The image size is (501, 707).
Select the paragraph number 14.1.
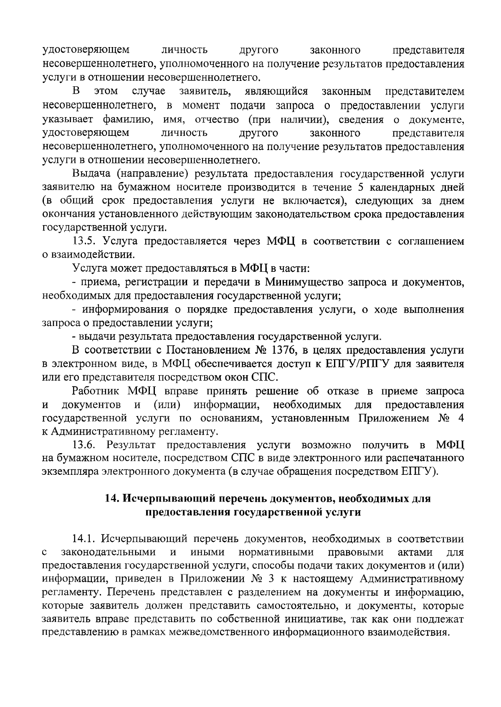tap(85, 539)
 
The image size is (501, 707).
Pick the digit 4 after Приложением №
tap(461, 418)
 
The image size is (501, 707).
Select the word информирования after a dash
tap(124, 309)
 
